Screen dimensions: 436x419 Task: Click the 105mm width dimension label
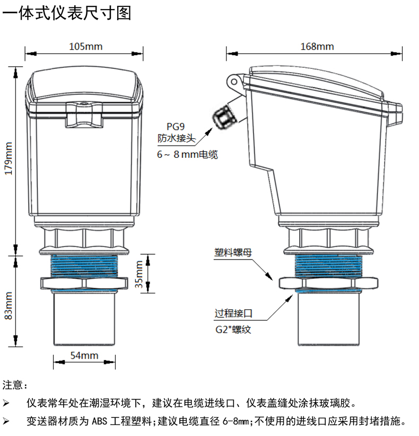coord(85,46)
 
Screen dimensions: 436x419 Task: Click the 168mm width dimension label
coord(317,46)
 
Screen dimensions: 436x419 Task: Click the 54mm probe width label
coord(84,354)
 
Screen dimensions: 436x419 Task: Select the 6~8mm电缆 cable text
coord(187,155)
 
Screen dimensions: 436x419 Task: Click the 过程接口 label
coord(232,314)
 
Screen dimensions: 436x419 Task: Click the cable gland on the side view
coord(223,116)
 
